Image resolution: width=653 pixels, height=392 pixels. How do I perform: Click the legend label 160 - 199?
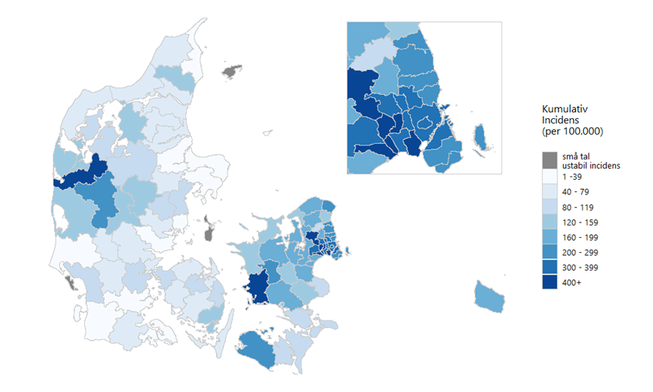tap(580, 237)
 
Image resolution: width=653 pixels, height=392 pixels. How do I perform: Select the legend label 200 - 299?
tap(580, 253)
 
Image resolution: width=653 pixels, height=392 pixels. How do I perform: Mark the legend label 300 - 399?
tap(580, 268)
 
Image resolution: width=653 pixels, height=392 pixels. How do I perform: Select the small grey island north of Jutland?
tap(229, 72)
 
